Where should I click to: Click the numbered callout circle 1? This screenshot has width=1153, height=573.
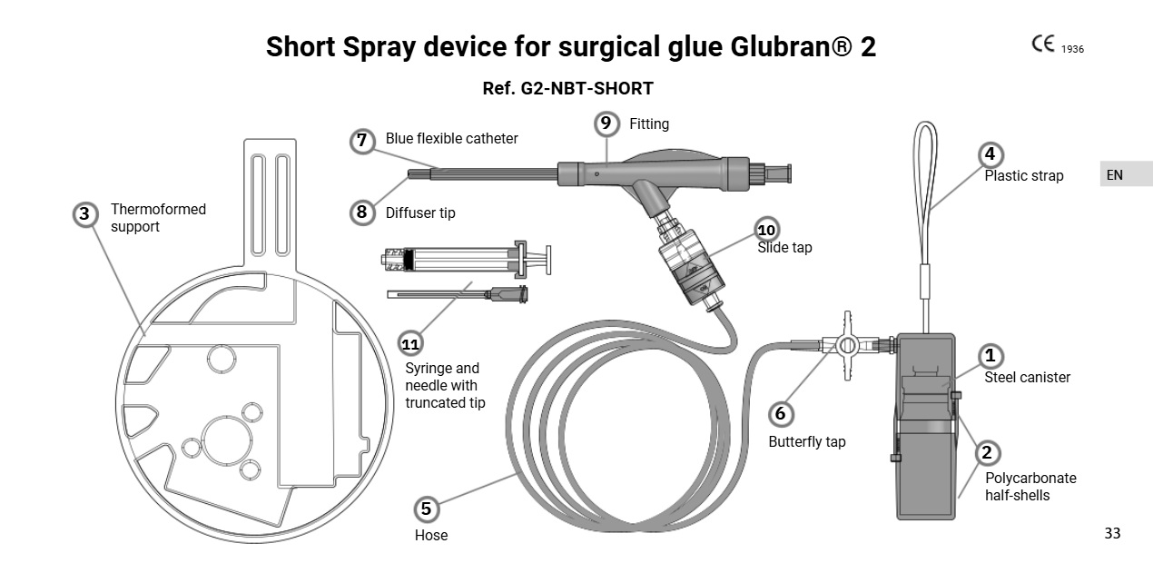click(x=990, y=356)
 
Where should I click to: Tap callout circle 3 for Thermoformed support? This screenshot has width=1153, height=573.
click(x=85, y=214)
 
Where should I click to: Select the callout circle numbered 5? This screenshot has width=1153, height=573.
click(x=426, y=509)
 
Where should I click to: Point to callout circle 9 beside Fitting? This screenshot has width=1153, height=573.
click(x=606, y=123)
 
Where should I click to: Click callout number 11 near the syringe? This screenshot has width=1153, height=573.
click(x=411, y=343)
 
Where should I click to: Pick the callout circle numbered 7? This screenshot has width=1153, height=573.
click(x=362, y=140)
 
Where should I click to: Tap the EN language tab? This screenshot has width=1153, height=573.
click(x=1114, y=174)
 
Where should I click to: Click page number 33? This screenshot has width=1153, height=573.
click(x=1112, y=533)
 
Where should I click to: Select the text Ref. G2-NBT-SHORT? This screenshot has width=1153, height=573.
click(x=567, y=89)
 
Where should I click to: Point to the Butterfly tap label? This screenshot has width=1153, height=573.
click(x=806, y=441)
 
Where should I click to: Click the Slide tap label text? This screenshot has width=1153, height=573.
click(x=784, y=247)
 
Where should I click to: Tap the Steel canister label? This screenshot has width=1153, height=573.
click(x=1027, y=377)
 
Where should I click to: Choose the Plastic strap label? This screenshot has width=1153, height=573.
click(x=1023, y=175)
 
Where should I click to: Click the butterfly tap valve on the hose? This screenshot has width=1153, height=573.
click(x=847, y=345)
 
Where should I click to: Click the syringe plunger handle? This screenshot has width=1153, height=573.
click(x=543, y=260)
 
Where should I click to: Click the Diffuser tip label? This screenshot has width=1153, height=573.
click(x=420, y=213)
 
